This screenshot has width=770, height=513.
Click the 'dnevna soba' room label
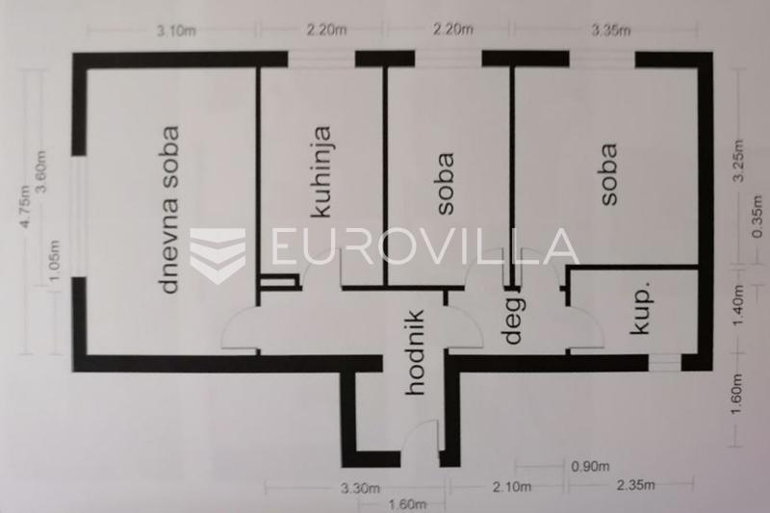pyautogui.click(x=170, y=210)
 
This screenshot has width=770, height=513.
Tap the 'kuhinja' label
pyautogui.click(x=322, y=172)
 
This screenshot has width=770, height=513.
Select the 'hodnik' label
pyautogui.click(x=416, y=352)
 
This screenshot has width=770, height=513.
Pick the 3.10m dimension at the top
pyautogui.click(x=176, y=31)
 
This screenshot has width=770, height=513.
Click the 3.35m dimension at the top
pyautogui.click(x=611, y=31)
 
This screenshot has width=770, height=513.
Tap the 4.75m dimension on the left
pyautogui.click(x=25, y=206)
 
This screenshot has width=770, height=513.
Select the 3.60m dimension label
pyautogui.click(x=40, y=171)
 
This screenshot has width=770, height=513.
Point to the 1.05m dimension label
pyautogui.click(x=54, y=260)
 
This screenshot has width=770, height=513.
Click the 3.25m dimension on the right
pyautogui.click(x=738, y=161)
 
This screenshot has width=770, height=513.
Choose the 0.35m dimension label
pyautogui.click(x=757, y=217)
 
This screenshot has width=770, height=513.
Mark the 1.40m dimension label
pyautogui.click(x=738, y=305)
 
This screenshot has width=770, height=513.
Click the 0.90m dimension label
pyautogui.click(x=590, y=466)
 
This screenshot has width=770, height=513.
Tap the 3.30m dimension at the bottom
pyautogui.click(x=360, y=488)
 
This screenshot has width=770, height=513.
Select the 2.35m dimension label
pyautogui.click(x=635, y=485)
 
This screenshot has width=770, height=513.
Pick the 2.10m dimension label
pyautogui.click(x=512, y=486)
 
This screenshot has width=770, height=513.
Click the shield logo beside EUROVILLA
pyautogui.click(x=218, y=255)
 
